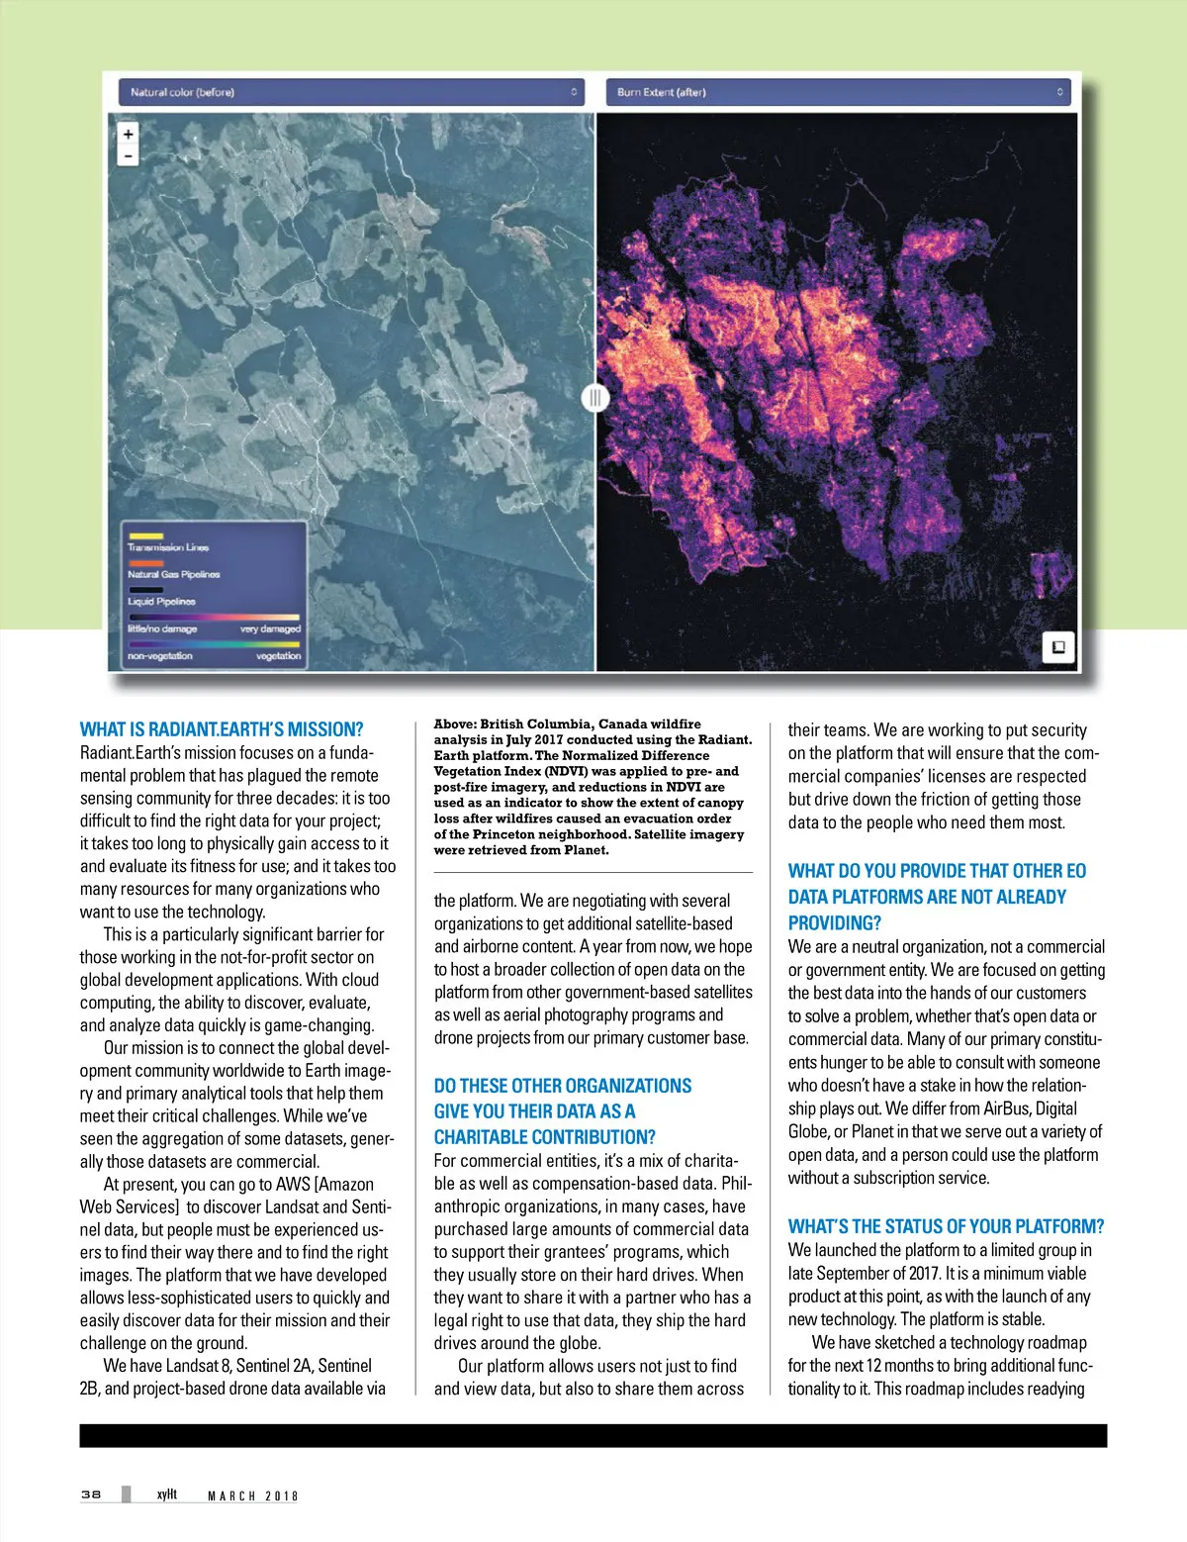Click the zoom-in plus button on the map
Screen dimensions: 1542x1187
pos(128,134)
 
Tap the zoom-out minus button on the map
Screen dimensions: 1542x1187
pos(128,155)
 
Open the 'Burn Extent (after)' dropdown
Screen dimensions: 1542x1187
pos(838,92)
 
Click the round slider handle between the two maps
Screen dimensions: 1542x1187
pos(594,398)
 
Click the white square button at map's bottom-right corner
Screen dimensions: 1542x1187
pos(1057,647)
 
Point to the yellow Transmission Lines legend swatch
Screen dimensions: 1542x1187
pos(146,535)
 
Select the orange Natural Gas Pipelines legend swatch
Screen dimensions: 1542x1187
pos(146,562)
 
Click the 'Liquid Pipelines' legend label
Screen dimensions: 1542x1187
pos(161,602)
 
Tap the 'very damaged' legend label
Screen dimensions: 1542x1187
pos(270,629)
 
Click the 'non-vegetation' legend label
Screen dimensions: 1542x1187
pos(159,656)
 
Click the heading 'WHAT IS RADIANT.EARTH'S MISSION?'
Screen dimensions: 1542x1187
pos(222,729)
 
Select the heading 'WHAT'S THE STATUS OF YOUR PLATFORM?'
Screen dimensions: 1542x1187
pos(946,1226)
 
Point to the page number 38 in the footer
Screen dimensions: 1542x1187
pos(91,1494)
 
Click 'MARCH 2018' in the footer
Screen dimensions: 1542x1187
pos(252,1495)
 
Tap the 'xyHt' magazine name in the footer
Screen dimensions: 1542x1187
pos(167,1494)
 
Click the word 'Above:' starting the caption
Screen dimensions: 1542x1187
pos(455,724)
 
